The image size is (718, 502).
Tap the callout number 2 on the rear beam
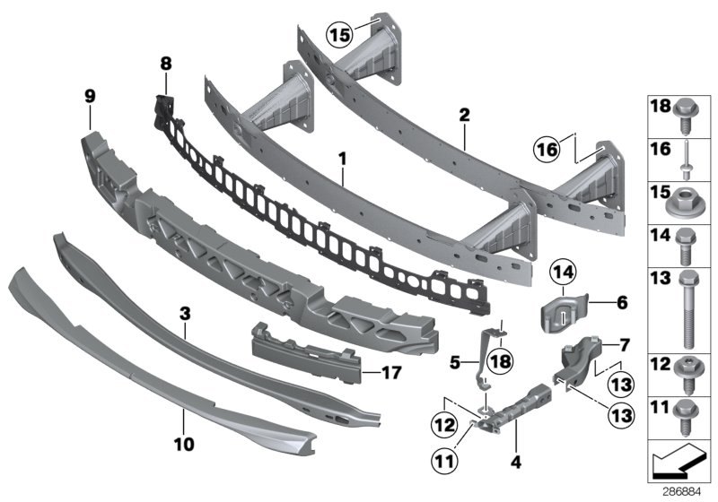pos(464,115)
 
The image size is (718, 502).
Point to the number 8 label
pos(164,64)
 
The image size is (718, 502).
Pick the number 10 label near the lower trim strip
pos(183,442)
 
